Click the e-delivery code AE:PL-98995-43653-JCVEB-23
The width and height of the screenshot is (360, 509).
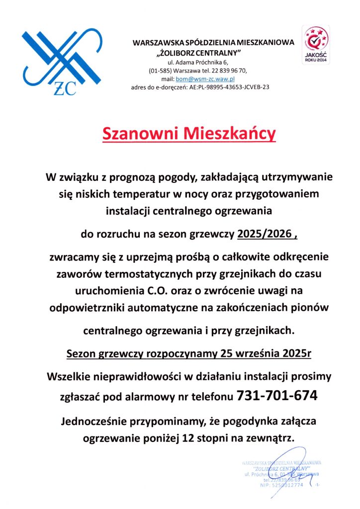(x=226, y=87)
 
